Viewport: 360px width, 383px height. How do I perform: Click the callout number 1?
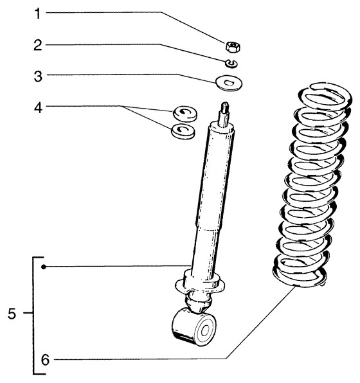(37, 13)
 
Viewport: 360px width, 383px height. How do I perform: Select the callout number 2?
(38, 46)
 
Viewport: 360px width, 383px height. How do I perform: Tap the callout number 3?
(38, 76)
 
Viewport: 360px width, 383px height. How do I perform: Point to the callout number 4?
(38, 108)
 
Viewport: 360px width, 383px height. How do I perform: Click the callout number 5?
(12, 314)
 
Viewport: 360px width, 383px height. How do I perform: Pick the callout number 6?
(45, 360)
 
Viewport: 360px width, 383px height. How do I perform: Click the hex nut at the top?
(233, 46)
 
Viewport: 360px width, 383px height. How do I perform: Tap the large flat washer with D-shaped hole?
(229, 83)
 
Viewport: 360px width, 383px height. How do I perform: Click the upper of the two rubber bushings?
(185, 113)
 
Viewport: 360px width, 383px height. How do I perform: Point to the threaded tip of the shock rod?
(225, 107)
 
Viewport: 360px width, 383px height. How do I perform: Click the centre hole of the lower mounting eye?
(204, 331)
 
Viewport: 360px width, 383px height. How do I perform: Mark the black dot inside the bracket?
(44, 267)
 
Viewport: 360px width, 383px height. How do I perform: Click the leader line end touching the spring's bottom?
(295, 287)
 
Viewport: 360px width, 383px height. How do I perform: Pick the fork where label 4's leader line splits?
(120, 106)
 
